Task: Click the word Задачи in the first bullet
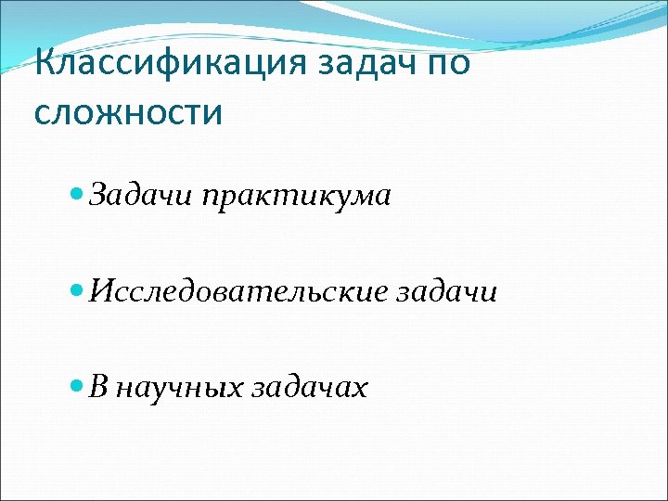pos(135,196)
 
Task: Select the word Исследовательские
pos(238,292)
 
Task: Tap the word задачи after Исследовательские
pos(447,292)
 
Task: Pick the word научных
pos(180,388)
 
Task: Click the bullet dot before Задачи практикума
pos(78,196)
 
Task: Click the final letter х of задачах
pos(359,390)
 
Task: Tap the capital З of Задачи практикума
pos(100,196)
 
